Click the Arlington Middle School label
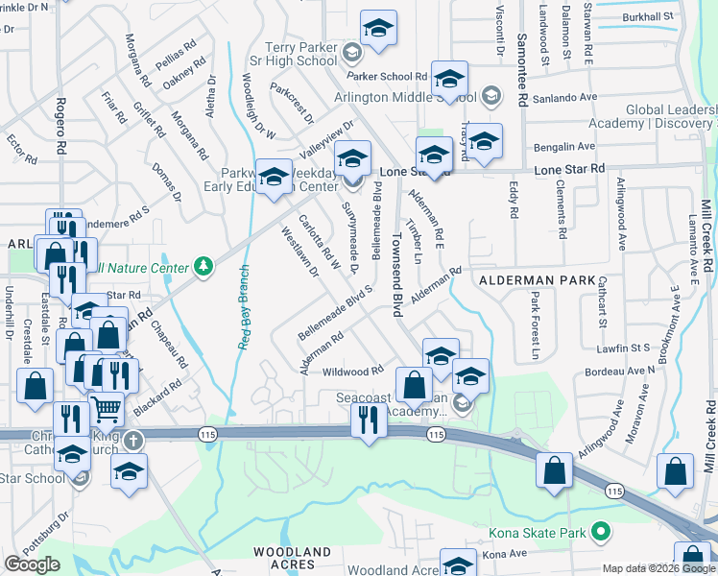405,97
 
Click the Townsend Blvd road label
395,275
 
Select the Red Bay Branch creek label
244,307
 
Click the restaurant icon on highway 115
369,420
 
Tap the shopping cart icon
106,410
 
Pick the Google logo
32,564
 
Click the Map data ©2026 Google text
657,568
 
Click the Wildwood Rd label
352,370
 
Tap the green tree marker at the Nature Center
203,266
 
